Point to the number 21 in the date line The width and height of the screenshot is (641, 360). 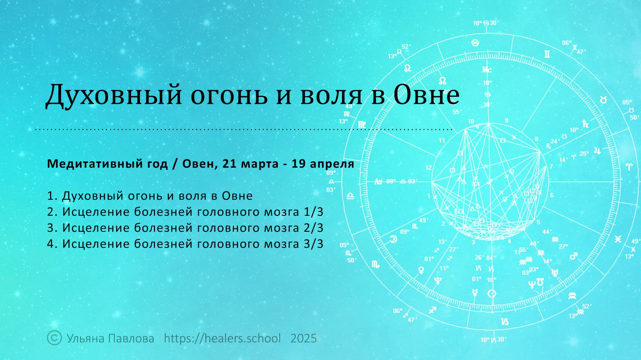coord(229,164)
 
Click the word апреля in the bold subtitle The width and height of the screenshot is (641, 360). coord(332,164)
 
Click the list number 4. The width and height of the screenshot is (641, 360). coord(51,244)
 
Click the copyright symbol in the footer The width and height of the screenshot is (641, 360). coord(54,338)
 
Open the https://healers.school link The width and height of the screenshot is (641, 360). coord(222,338)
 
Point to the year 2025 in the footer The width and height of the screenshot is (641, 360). coord(303,338)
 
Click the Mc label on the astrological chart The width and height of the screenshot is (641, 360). coord(487,69)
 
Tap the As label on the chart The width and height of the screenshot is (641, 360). coord(378,182)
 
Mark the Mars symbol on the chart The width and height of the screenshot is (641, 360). coord(573,256)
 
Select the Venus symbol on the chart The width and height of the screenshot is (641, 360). coord(421,270)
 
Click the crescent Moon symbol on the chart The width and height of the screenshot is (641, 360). coord(394,239)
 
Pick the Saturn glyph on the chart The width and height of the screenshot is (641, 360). coord(585,124)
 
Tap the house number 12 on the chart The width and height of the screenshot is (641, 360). coord(429,168)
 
